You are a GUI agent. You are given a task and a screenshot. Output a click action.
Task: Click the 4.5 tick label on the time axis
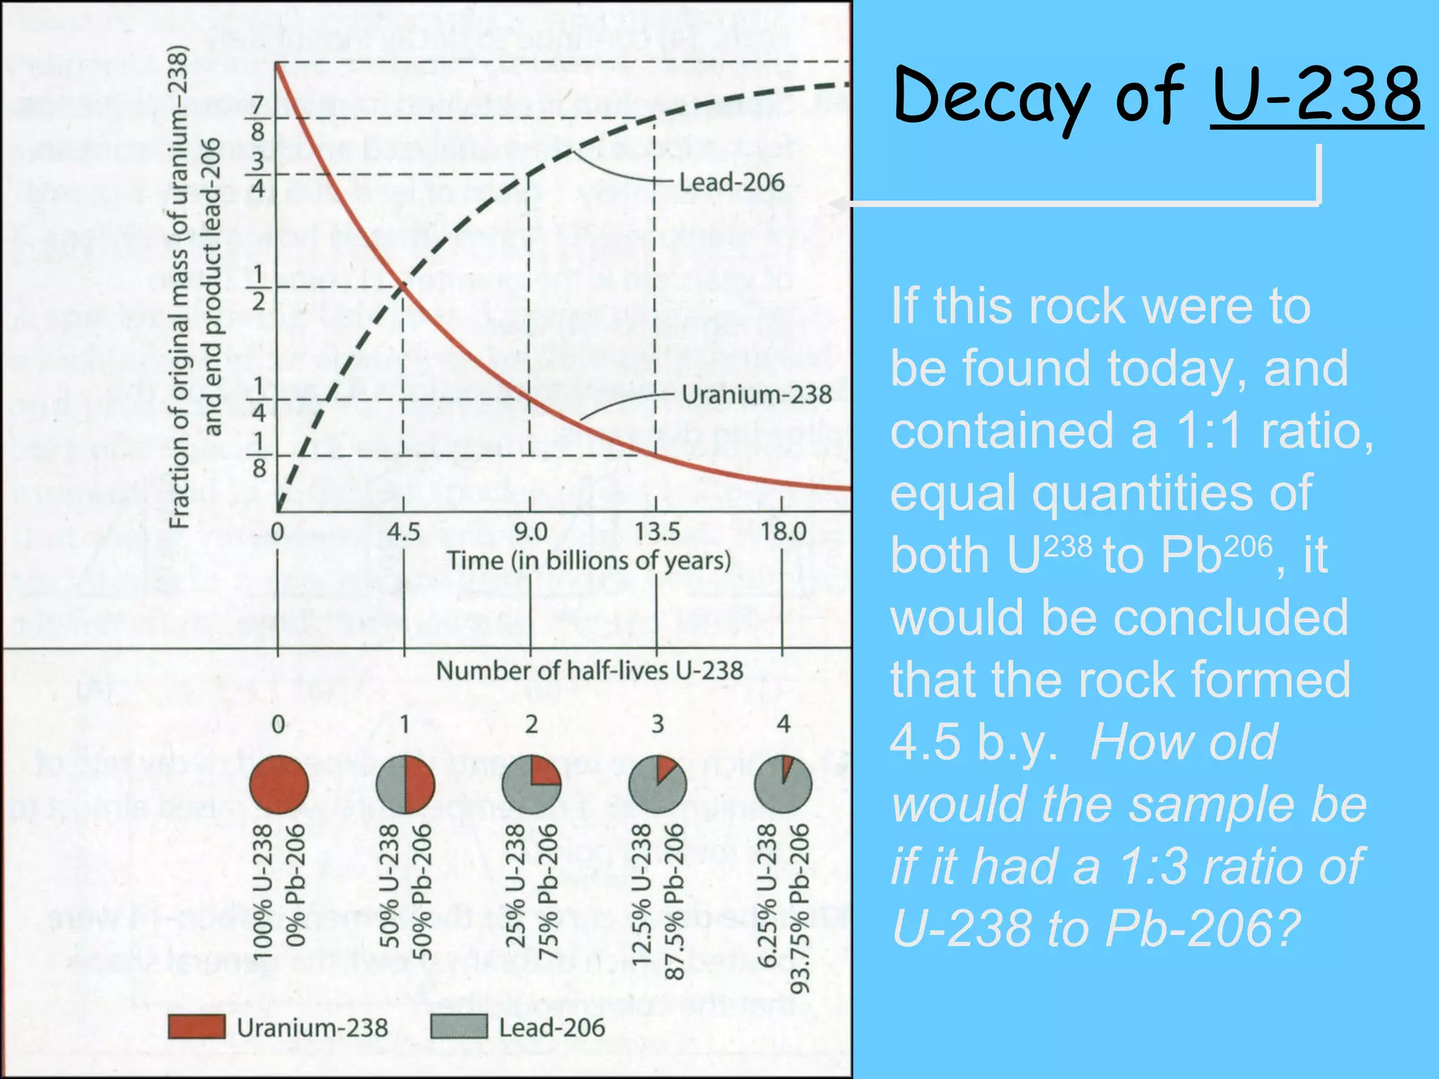click(x=403, y=532)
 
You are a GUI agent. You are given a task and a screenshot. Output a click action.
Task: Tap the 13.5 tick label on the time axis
click(x=657, y=532)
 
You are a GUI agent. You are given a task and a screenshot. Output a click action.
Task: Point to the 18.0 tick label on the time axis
click(x=783, y=532)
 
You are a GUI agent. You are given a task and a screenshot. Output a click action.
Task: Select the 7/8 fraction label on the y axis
click(x=258, y=119)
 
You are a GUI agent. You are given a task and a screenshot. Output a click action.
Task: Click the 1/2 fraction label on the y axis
click(x=258, y=287)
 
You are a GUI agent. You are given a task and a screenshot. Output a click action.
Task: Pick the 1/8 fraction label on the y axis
click(x=258, y=455)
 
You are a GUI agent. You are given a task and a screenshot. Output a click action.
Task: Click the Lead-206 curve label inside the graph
click(x=731, y=183)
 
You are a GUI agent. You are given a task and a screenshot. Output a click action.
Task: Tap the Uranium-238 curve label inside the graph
click(x=757, y=395)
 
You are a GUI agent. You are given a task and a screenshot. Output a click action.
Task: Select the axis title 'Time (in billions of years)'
click(x=590, y=561)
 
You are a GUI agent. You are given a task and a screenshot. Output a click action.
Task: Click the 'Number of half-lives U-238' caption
click(x=590, y=670)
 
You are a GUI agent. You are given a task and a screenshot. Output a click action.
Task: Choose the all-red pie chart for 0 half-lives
click(x=279, y=785)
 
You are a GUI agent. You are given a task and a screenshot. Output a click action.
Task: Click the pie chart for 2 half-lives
click(x=531, y=785)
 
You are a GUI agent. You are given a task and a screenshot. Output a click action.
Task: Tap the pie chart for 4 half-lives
click(x=783, y=785)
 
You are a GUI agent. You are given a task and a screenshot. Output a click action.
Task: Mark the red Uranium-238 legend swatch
click(x=197, y=1027)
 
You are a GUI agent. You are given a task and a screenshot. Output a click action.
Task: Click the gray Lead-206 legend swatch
click(x=458, y=1027)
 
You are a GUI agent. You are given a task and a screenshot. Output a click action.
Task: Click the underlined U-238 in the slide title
click(x=1317, y=95)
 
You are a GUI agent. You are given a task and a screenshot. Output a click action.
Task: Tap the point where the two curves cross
click(x=403, y=285)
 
